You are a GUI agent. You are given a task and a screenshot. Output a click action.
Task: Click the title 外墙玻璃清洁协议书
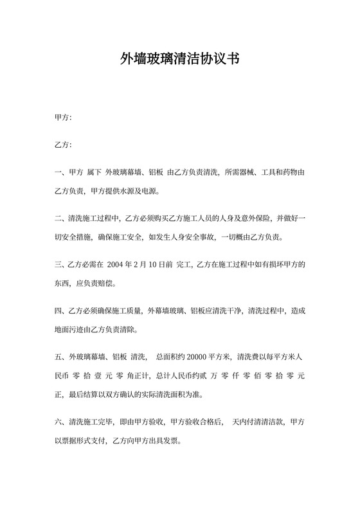[180, 60]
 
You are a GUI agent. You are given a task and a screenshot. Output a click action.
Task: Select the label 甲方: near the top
[63, 118]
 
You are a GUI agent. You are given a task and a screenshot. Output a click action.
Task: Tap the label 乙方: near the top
[63, 145]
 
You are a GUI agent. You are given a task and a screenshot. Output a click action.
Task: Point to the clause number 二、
[61, 219]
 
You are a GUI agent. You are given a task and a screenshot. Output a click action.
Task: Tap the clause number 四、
[61, 311]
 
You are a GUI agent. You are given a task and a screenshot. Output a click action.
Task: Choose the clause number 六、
[61, 423]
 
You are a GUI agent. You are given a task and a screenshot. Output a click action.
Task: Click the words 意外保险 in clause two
[240, 219]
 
